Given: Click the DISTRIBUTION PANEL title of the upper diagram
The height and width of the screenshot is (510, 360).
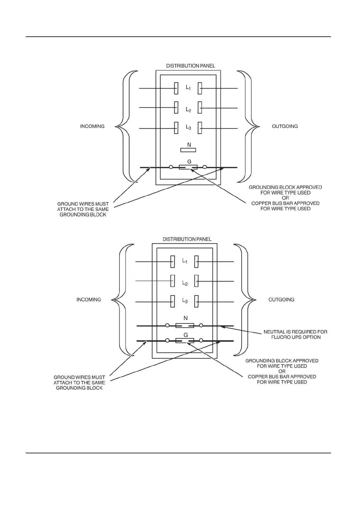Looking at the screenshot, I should (x=190, y=66).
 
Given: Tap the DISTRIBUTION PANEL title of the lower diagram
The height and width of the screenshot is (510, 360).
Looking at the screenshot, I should (x=187, y=239).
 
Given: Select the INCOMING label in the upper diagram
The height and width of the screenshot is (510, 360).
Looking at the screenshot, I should (x=92, y=126).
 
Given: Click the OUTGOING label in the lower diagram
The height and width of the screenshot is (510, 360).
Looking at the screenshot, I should (x=281, y=300).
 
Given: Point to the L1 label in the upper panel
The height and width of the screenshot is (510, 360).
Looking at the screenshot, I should (x=188, y=88).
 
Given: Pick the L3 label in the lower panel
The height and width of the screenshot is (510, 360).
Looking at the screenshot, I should (x=185, y=301).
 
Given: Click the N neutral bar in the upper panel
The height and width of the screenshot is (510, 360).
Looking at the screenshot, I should (x=188, y=150).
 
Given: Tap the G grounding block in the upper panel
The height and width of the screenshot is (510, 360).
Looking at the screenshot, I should (x=188, y=167).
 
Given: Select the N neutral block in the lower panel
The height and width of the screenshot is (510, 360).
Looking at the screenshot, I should (x=185, y=326).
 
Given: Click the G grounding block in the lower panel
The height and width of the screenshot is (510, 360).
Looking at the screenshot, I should (x=185, y=341).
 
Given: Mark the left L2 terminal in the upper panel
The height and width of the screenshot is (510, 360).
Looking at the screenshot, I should (x=176, y=108).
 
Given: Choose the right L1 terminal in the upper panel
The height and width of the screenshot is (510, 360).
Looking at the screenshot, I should (x=200, y=88).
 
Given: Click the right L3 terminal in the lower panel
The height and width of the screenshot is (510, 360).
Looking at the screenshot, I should (x=197, y=301).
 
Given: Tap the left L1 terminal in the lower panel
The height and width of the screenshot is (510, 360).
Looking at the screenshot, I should (x=173, y=262).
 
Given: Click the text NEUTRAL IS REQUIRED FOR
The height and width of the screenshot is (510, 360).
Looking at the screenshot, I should (x=295, y=332).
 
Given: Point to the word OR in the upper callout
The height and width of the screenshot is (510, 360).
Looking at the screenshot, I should (x=285, y=198).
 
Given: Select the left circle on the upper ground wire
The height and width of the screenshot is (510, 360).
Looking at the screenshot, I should (x=171, y=167).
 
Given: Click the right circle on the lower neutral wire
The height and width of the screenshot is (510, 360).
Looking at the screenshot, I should (x=201, y=325).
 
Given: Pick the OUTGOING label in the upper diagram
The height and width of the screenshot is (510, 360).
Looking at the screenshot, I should (x=285, y=126).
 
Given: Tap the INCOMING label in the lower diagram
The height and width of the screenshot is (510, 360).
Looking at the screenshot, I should (x=88, y=300).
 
